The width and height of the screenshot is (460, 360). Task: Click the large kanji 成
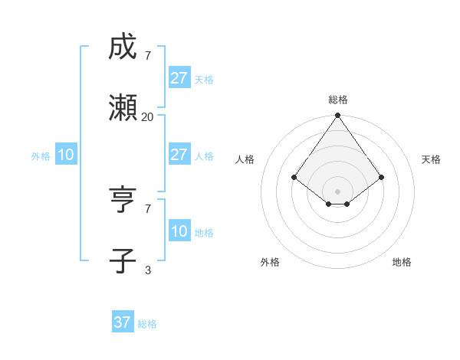(x=123, y=47)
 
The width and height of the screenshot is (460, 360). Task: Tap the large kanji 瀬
(x=123, y=109)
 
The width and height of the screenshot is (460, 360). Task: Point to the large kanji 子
(x=123, y=261)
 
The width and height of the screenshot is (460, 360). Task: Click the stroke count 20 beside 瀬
(x=147, y=116)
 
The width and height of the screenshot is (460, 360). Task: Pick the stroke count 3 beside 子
(x=147, y=270)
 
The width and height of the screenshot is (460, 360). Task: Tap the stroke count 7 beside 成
(x=147, y=55)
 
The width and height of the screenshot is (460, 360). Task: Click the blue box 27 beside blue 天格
(x=179, y=78)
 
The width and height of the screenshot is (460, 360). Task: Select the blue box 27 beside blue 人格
(x=179, y=155)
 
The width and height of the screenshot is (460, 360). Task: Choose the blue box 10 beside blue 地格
(x=179, y=231)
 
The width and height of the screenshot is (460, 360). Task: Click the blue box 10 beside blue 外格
(x=65, y=155)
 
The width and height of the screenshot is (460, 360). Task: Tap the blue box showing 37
(x=123, y=322)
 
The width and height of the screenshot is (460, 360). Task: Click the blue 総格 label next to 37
(x=147, y=324)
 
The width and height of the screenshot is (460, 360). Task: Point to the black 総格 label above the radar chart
(x=338, y=100)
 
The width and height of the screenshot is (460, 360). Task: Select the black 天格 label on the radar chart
(x=431, y=159)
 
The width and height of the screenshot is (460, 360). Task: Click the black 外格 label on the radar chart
(x=270, y=262)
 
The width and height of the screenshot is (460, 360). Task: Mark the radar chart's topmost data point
(x=338, y=116)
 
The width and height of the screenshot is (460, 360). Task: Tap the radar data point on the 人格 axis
(x=294, y=177)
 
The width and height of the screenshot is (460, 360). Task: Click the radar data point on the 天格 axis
(x=382, y=177)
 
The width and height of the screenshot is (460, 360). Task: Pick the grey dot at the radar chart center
(x=338, y=191)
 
